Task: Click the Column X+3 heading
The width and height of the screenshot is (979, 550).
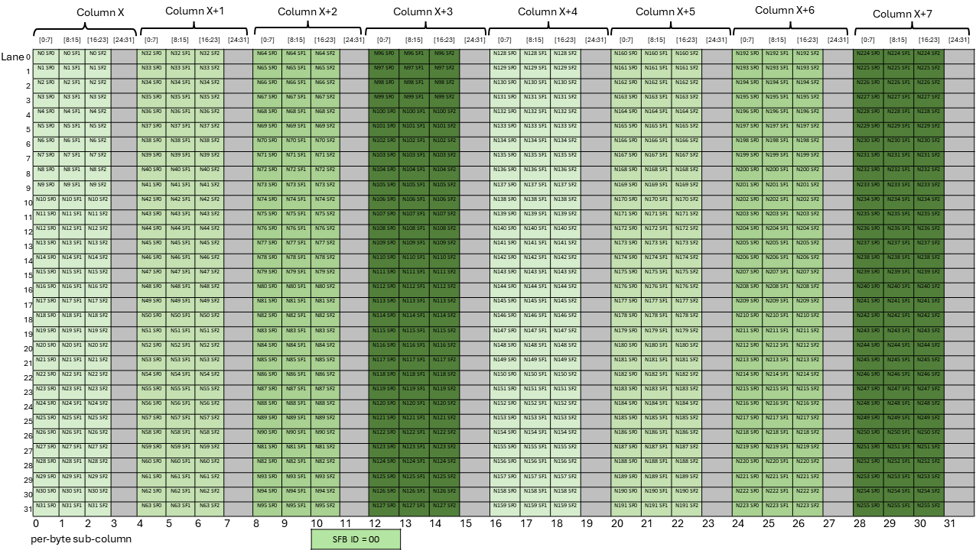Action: coord(422,11)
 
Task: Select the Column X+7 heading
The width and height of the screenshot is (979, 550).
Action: coord(902,14)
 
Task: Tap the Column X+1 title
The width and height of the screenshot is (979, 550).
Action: coord(194,11)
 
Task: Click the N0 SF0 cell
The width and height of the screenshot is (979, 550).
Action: coord(46,53)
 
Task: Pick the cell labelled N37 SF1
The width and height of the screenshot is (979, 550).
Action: coord(180,126)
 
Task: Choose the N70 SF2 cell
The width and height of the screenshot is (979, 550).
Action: coord(325,141)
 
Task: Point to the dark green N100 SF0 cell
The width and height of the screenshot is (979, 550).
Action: coord(384,112)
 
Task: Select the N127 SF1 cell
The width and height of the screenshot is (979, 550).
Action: coord(414,505)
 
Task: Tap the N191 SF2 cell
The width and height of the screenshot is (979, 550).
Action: coord(686,505)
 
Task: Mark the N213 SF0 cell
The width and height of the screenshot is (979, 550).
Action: coord(747,360)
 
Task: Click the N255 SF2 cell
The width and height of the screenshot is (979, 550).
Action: coord(929,505)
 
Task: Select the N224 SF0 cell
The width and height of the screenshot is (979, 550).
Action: coord(869,53)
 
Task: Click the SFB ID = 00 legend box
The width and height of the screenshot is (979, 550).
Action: coord(356,539)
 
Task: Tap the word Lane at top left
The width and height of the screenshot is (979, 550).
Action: coord(12,57)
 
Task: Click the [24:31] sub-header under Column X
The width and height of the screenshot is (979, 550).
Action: coord(122,40)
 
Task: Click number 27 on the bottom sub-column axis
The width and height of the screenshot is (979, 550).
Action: coord(828,524)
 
